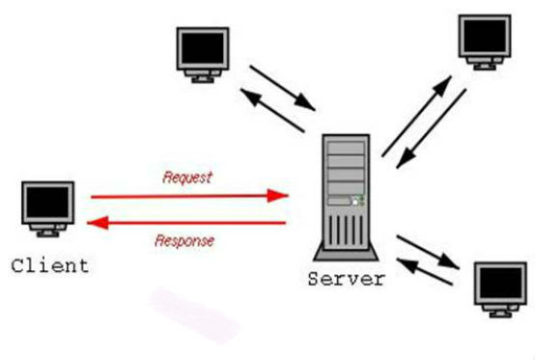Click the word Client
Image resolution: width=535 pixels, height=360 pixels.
(49, 264)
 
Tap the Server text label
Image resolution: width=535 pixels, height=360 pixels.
(346, 280)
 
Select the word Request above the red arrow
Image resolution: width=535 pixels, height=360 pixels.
(187, 178)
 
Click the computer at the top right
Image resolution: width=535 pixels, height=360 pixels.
(488, 40)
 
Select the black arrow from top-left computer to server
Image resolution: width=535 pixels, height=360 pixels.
(281, 88)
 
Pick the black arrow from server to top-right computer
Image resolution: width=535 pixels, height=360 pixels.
(418, 113)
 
